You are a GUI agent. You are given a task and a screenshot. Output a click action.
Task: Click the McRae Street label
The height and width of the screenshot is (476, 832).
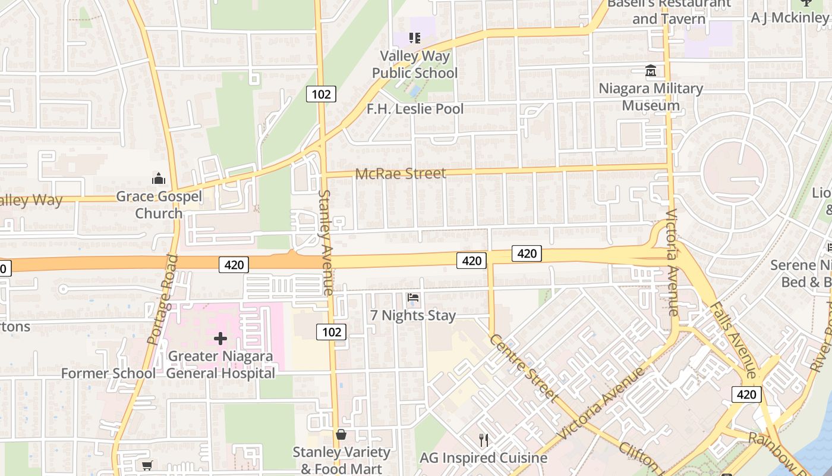click(401, 174)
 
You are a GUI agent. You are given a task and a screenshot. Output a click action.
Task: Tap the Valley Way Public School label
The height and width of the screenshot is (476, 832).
click(415, 64)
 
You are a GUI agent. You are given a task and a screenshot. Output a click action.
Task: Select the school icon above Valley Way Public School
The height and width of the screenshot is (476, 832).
click(415, 39)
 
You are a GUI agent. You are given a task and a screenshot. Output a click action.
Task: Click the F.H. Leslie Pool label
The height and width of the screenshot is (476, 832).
click(415, 109)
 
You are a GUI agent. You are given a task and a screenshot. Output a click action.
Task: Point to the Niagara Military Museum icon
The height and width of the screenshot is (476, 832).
click(651, 71)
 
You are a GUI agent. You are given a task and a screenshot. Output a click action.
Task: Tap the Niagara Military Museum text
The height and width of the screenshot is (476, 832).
click(651, 97)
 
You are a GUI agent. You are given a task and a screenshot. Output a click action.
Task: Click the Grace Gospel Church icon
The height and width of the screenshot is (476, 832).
click(159, 178)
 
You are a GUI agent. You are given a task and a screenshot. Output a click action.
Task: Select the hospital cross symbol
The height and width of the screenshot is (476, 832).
click(220, 339)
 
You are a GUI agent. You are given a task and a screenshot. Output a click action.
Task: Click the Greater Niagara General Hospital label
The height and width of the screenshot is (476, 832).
click(220, 365)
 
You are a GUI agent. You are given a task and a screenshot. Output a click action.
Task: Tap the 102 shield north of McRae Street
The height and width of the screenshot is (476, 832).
click(322, 94)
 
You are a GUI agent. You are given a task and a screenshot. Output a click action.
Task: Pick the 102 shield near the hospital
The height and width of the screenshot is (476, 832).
click(331, 332)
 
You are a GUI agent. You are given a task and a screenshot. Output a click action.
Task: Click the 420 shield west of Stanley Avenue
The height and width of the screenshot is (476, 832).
click(234, 265)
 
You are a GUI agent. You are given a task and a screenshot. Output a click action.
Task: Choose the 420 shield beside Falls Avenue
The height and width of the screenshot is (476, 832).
click(746, 394)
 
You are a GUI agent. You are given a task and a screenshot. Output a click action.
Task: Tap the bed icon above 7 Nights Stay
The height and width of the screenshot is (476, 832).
click(413, 297)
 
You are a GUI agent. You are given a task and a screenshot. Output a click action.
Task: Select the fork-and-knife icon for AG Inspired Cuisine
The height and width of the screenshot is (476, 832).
click(484, 440)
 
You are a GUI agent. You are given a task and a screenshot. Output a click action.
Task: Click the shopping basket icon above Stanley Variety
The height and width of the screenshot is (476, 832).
click(341, 435)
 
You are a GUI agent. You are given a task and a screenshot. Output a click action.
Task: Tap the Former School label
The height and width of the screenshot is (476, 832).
click(108, 374)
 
